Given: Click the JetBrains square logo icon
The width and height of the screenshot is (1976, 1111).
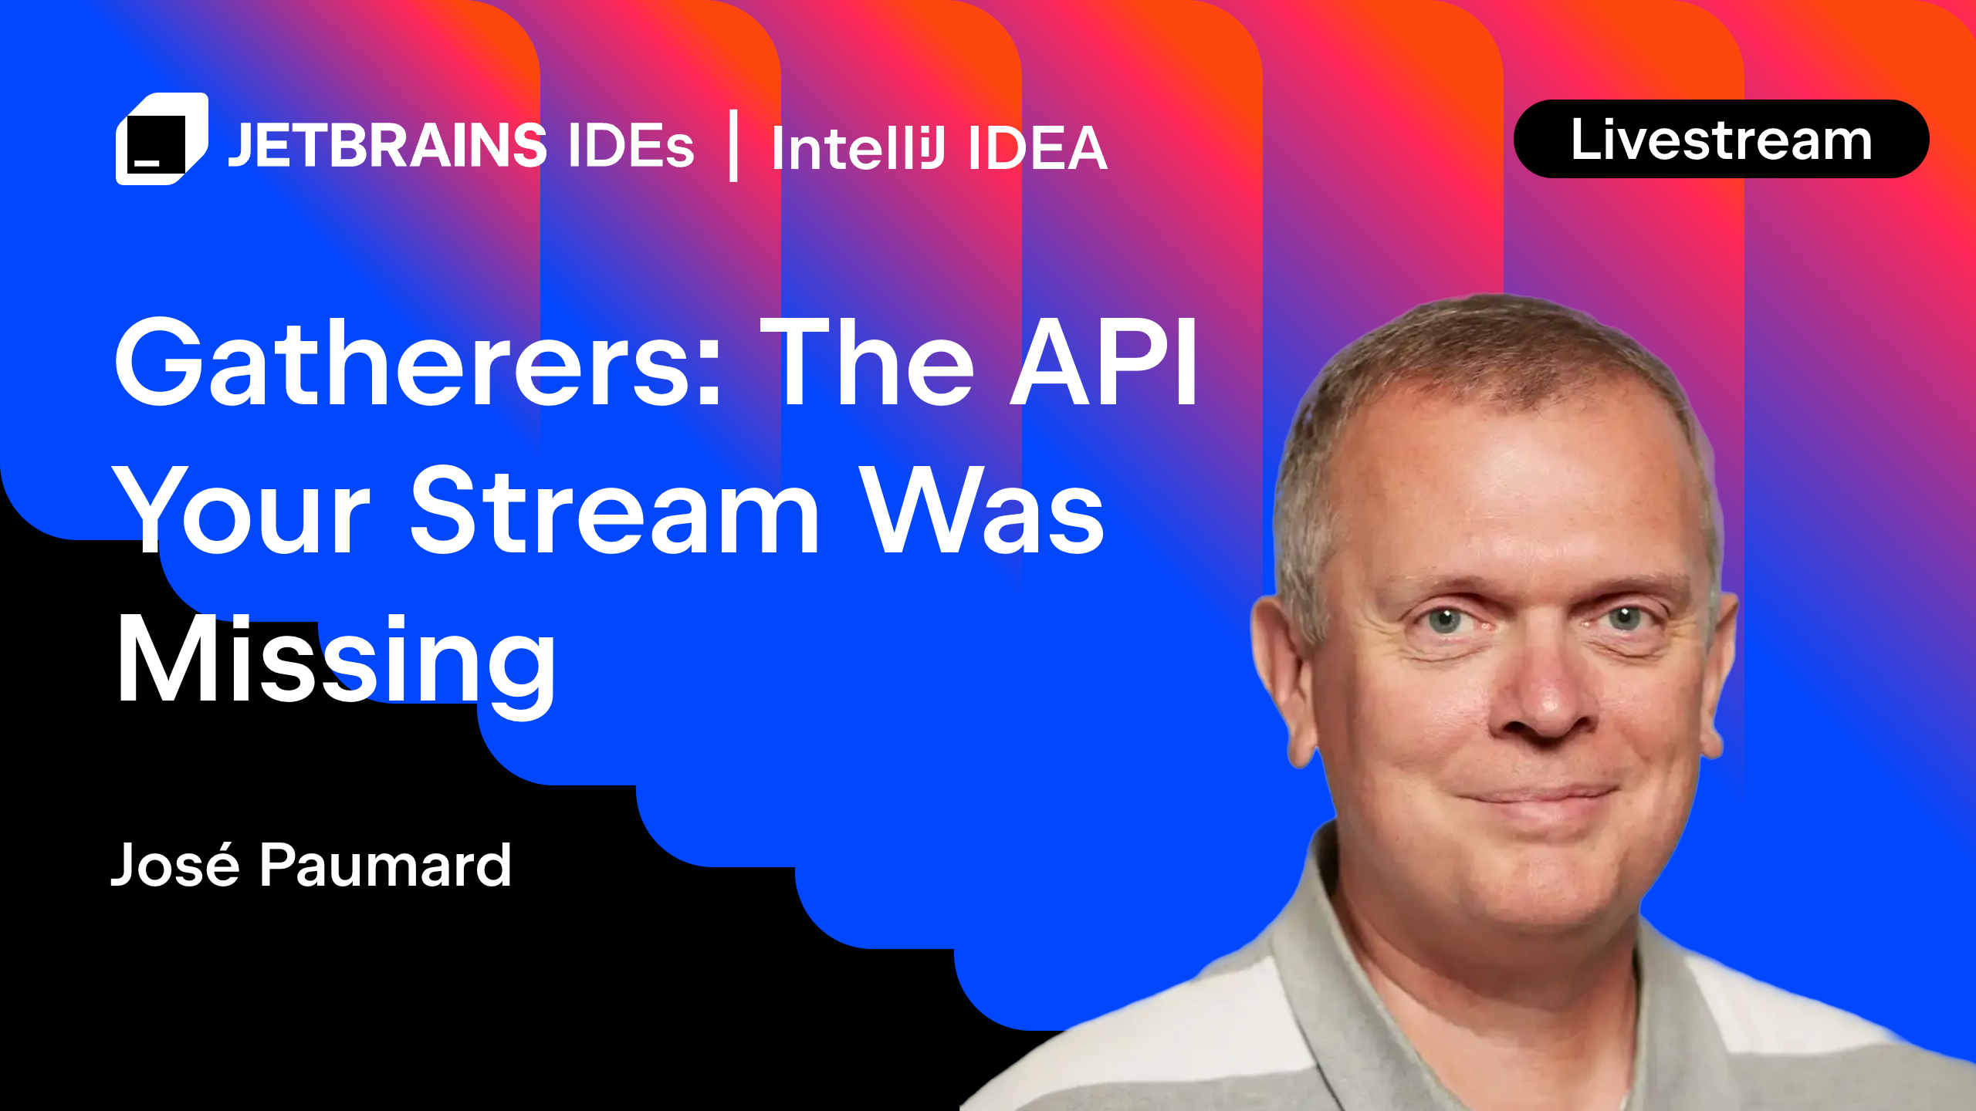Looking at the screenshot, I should (x=161, y=139).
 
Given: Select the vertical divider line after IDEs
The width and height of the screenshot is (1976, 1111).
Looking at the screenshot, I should (x=733, y=146).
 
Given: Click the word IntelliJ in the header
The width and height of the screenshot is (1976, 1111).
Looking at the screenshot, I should (x=858, y=148).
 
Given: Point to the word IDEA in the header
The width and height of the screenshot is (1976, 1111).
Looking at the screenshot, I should (x=1038, y=148).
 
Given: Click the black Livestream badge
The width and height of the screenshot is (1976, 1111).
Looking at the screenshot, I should (x=1721, y=140).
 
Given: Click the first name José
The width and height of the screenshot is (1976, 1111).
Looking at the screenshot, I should (x=176, y=865).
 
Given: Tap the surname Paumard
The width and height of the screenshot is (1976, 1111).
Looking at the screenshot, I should (x=385, y=865).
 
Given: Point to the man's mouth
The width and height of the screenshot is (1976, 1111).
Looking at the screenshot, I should (x=1536, y=795).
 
